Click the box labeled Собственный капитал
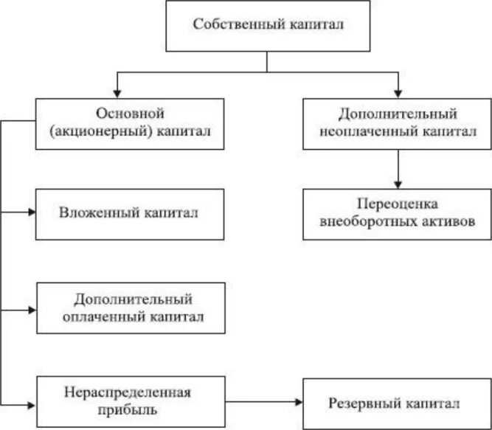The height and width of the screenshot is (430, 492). [x=268, y=26]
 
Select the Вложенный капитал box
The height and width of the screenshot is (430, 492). [x=129, y=214]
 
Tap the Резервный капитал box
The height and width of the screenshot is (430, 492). [x=396, y=403]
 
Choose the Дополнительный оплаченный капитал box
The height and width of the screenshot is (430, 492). [x=133, y=308]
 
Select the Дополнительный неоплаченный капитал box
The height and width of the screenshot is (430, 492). [x=397, y=123]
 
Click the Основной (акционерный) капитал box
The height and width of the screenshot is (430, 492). [x=129, y=123]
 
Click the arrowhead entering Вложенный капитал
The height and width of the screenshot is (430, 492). [x=31, y=212]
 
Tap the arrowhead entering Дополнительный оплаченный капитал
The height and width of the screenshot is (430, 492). [x=31, y=308]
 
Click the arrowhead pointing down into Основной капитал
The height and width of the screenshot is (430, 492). [x=116, y=92]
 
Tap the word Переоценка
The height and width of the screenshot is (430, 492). [x=396, y=204]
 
